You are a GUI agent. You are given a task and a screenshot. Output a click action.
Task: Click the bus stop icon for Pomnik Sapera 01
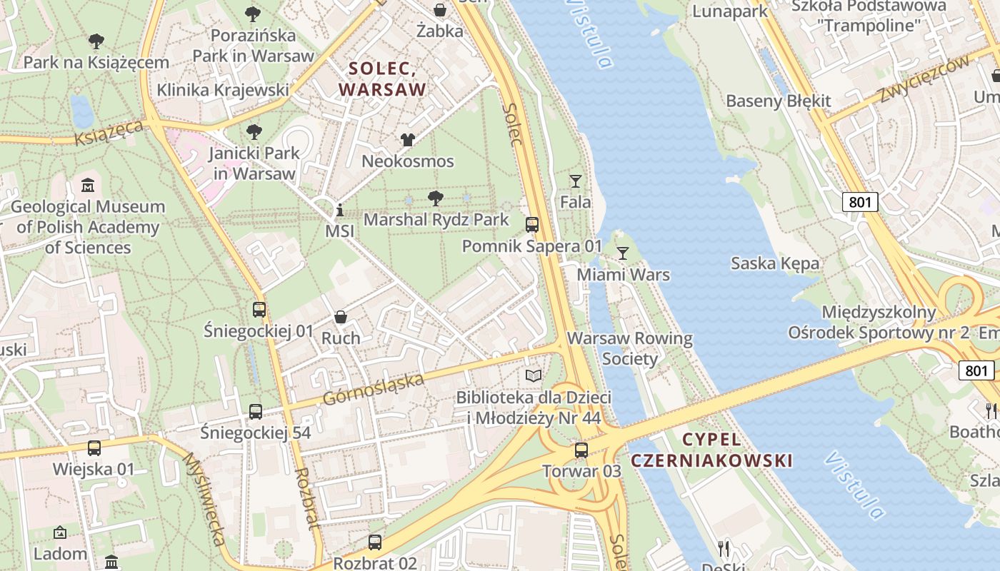click(x=532, y=225)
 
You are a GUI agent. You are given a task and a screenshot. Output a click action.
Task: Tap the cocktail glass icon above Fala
click(x=576, y=181)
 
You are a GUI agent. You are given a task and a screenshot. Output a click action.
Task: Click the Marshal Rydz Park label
click(x=436, y=219)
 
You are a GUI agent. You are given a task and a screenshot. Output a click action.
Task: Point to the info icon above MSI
click(x=340, y=211)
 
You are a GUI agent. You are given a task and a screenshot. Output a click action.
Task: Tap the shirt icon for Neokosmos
click(x=408, y=140)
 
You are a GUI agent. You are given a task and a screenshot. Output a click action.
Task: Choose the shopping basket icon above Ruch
click(x=341, y=317)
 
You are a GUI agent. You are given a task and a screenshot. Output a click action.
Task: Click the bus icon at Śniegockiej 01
click(x=259, y=310)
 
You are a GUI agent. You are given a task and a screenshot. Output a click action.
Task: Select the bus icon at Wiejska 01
click(x=94, y=448)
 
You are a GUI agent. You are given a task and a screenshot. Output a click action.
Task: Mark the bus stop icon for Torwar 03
click(x=581, y=450)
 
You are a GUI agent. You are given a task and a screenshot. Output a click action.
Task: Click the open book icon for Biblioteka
click(x=534, y=375)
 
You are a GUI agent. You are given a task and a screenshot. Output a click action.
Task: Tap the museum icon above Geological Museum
click(x=87, y=186)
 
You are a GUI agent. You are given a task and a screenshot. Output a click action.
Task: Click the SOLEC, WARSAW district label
click(x=382, y=79)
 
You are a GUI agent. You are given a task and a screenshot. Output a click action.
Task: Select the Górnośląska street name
click(x=374, y=389)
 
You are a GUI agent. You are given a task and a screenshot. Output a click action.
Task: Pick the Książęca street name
click(x=109, y=133)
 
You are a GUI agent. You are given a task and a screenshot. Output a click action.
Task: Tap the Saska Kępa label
click(x=775, y=263)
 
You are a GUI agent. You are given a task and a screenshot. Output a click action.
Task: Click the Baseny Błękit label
click(x=779, y=101)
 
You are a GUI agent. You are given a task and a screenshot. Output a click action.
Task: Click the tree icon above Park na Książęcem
click(x=96, y=41)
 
